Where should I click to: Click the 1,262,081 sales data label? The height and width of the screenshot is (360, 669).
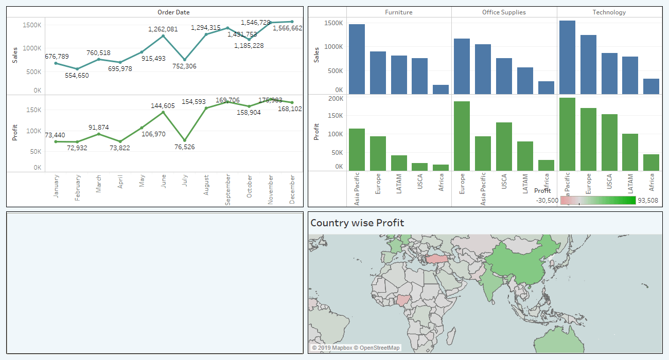[x=163, y=29]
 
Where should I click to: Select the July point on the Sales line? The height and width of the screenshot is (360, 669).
[x=185, y=60]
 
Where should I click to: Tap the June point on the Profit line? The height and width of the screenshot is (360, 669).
[x=163, y=112]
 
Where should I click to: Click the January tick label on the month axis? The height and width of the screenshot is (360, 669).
[x=56, y=186]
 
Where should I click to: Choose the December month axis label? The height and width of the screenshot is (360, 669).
[x=292, y=189]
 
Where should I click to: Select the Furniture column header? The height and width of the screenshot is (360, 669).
[x=398, y=12]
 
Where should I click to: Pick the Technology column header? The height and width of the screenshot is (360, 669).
[x=609, y=12]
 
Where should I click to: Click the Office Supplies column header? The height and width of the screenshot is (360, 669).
[x=504, y=12]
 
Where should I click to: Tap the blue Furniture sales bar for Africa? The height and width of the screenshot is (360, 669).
[x=441, y=89]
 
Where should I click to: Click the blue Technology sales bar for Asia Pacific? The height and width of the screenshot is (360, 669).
[x=567, y=57]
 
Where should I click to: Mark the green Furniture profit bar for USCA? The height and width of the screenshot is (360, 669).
[x=419, y=167]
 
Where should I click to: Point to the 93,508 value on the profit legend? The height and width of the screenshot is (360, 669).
[x=647, y=201]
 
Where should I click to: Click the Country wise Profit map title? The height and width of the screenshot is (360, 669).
[x=357, y=223]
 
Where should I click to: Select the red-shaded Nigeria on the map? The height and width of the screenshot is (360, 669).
[x=405, y=301]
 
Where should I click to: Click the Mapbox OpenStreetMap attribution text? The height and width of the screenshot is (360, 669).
[x=356, y=348]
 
